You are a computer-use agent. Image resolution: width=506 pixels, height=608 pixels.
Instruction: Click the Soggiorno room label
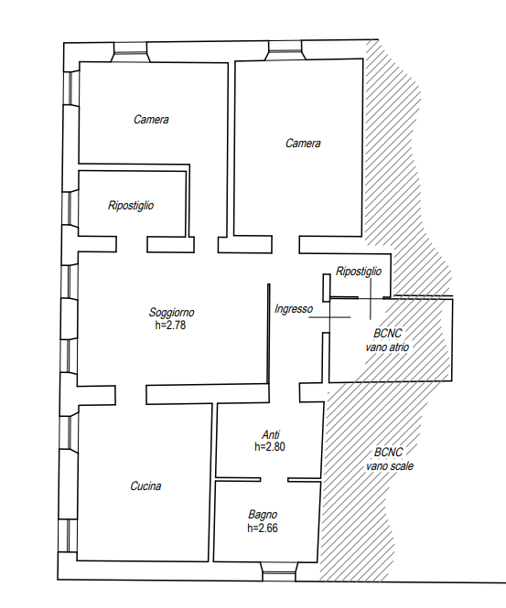pos(171,313)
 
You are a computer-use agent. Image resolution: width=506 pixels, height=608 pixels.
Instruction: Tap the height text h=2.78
pos(170,325)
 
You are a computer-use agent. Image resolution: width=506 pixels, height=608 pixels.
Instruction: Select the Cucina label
pos(145,485)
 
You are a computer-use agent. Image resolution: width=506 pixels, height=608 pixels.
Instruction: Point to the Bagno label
pos(263,515)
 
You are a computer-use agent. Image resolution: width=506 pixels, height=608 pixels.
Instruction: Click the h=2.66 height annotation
pos(263,528)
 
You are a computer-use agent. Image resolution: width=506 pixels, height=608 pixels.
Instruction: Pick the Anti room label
pos(271,434)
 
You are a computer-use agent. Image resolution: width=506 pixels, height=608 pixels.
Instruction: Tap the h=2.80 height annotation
pos(270,447)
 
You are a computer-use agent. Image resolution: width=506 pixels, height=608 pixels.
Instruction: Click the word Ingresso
pos(294,309)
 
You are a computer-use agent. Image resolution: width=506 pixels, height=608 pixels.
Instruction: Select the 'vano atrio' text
pos(387,347)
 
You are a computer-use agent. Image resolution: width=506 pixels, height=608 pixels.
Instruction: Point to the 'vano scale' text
pos(390,465)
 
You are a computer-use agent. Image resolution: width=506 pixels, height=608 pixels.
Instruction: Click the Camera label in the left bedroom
pos(151,120)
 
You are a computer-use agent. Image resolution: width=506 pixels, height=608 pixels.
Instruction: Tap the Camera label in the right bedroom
pos(303,144)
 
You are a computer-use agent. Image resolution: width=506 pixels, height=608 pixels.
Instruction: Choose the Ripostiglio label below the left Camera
pos(131,205)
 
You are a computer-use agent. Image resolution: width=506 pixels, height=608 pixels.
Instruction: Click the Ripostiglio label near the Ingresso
pos(359,271)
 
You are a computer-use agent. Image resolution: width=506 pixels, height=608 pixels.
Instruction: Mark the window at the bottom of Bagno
pos(279,571)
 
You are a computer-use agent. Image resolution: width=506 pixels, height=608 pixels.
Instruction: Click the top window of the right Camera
pos(285,51)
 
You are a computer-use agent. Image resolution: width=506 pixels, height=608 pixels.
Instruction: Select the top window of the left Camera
pos(131,52)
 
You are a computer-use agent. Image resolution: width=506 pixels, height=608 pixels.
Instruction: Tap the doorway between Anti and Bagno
pos(274,480)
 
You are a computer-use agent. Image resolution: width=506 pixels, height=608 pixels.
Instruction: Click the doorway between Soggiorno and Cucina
pos(131,395)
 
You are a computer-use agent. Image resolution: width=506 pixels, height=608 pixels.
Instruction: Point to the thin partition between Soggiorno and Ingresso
pos(268,334)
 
